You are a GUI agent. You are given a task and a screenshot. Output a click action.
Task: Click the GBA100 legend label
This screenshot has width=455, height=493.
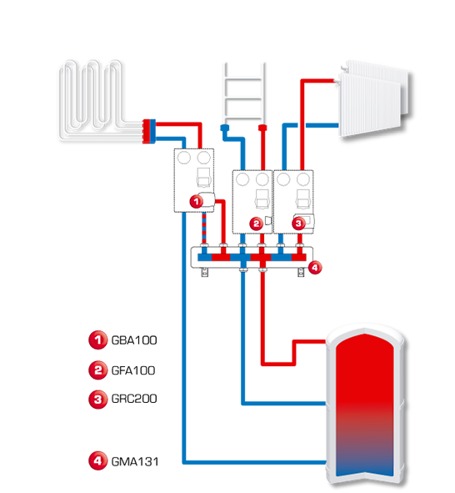click(134, 340)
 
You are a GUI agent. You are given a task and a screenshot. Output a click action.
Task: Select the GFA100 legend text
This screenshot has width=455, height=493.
click(133, 370)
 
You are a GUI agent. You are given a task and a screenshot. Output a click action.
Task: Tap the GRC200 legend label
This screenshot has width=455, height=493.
click(134, 399)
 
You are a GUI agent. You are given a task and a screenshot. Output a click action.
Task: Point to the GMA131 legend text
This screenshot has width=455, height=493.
click(135, 461)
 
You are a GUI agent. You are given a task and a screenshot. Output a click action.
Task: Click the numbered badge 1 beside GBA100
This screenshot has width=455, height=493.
click(98, 340)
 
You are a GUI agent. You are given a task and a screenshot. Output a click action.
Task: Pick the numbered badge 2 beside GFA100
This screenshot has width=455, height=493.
click(98, 370)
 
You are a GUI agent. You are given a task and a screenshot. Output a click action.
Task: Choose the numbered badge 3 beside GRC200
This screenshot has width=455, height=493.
click(98, 400)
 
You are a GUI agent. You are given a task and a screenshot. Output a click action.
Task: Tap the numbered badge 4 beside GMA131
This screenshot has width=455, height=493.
click(98, 461)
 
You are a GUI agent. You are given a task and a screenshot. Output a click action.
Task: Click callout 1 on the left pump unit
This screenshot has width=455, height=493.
click(197, 201)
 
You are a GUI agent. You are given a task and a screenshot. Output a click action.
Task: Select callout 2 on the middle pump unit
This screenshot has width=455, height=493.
click(256, 224)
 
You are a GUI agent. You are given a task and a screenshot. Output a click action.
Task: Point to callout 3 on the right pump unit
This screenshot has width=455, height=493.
click(298, 224)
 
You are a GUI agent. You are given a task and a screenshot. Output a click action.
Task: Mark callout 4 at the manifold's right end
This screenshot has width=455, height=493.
click(315, 268)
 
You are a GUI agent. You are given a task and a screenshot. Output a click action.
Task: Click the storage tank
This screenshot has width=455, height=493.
click(365, 405)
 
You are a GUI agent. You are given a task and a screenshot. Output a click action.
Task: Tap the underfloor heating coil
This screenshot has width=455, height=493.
click(94, 99)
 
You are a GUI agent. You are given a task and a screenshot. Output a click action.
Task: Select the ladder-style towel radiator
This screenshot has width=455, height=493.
click(243, 93)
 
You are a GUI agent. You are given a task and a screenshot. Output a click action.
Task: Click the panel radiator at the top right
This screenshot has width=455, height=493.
click(374, 98)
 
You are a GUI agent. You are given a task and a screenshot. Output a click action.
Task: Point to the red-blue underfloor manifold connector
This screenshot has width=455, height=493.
click(149, 132)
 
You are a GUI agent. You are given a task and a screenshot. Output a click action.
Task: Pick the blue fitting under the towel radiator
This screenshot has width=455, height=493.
click(225, 128)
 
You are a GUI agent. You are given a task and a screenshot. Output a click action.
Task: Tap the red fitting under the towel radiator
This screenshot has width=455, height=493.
click(262, 128)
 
